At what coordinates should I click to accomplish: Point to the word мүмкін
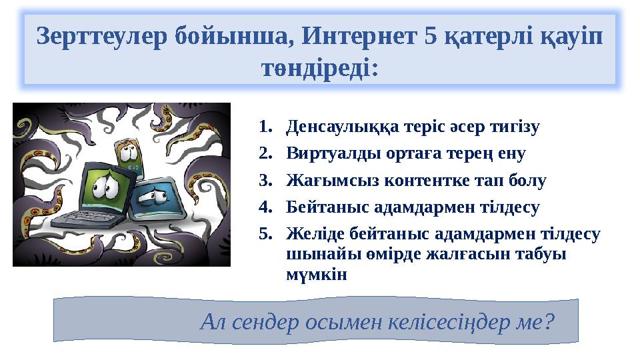tap(317, 274)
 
